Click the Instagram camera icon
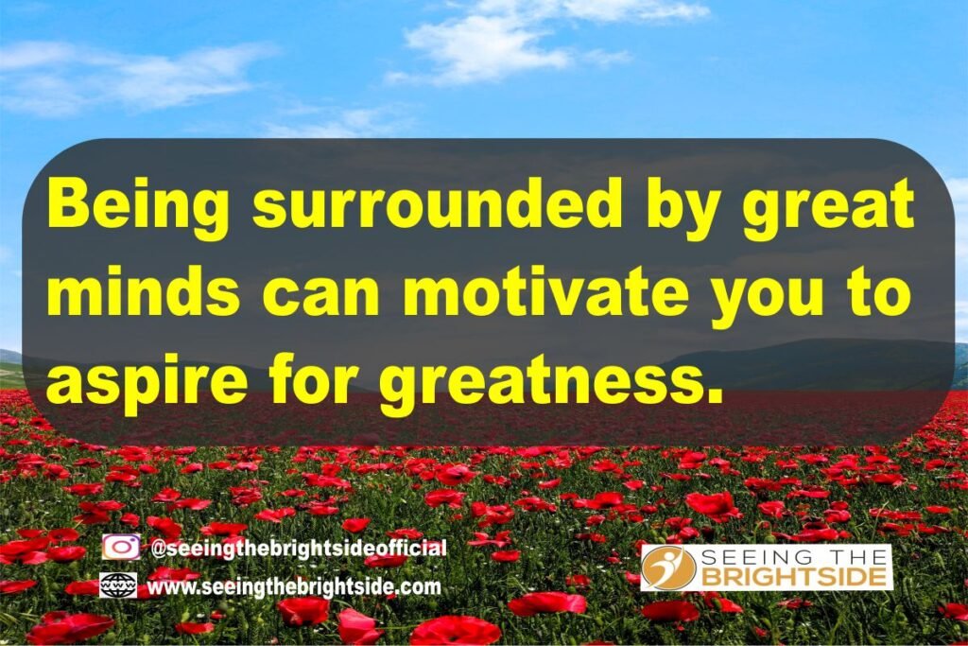point(121,548)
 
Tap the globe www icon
point(118,585)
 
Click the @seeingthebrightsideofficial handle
point(298,549)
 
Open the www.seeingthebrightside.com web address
point(294,586)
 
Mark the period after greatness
point(714,396)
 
